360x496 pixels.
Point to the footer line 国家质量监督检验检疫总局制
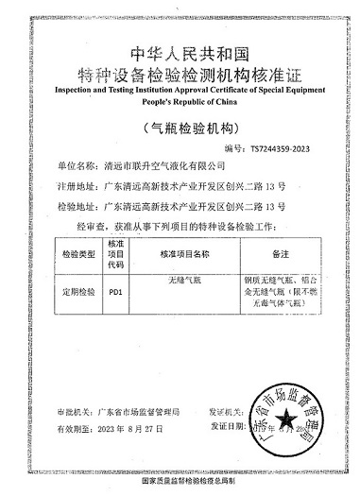coord(180,483)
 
